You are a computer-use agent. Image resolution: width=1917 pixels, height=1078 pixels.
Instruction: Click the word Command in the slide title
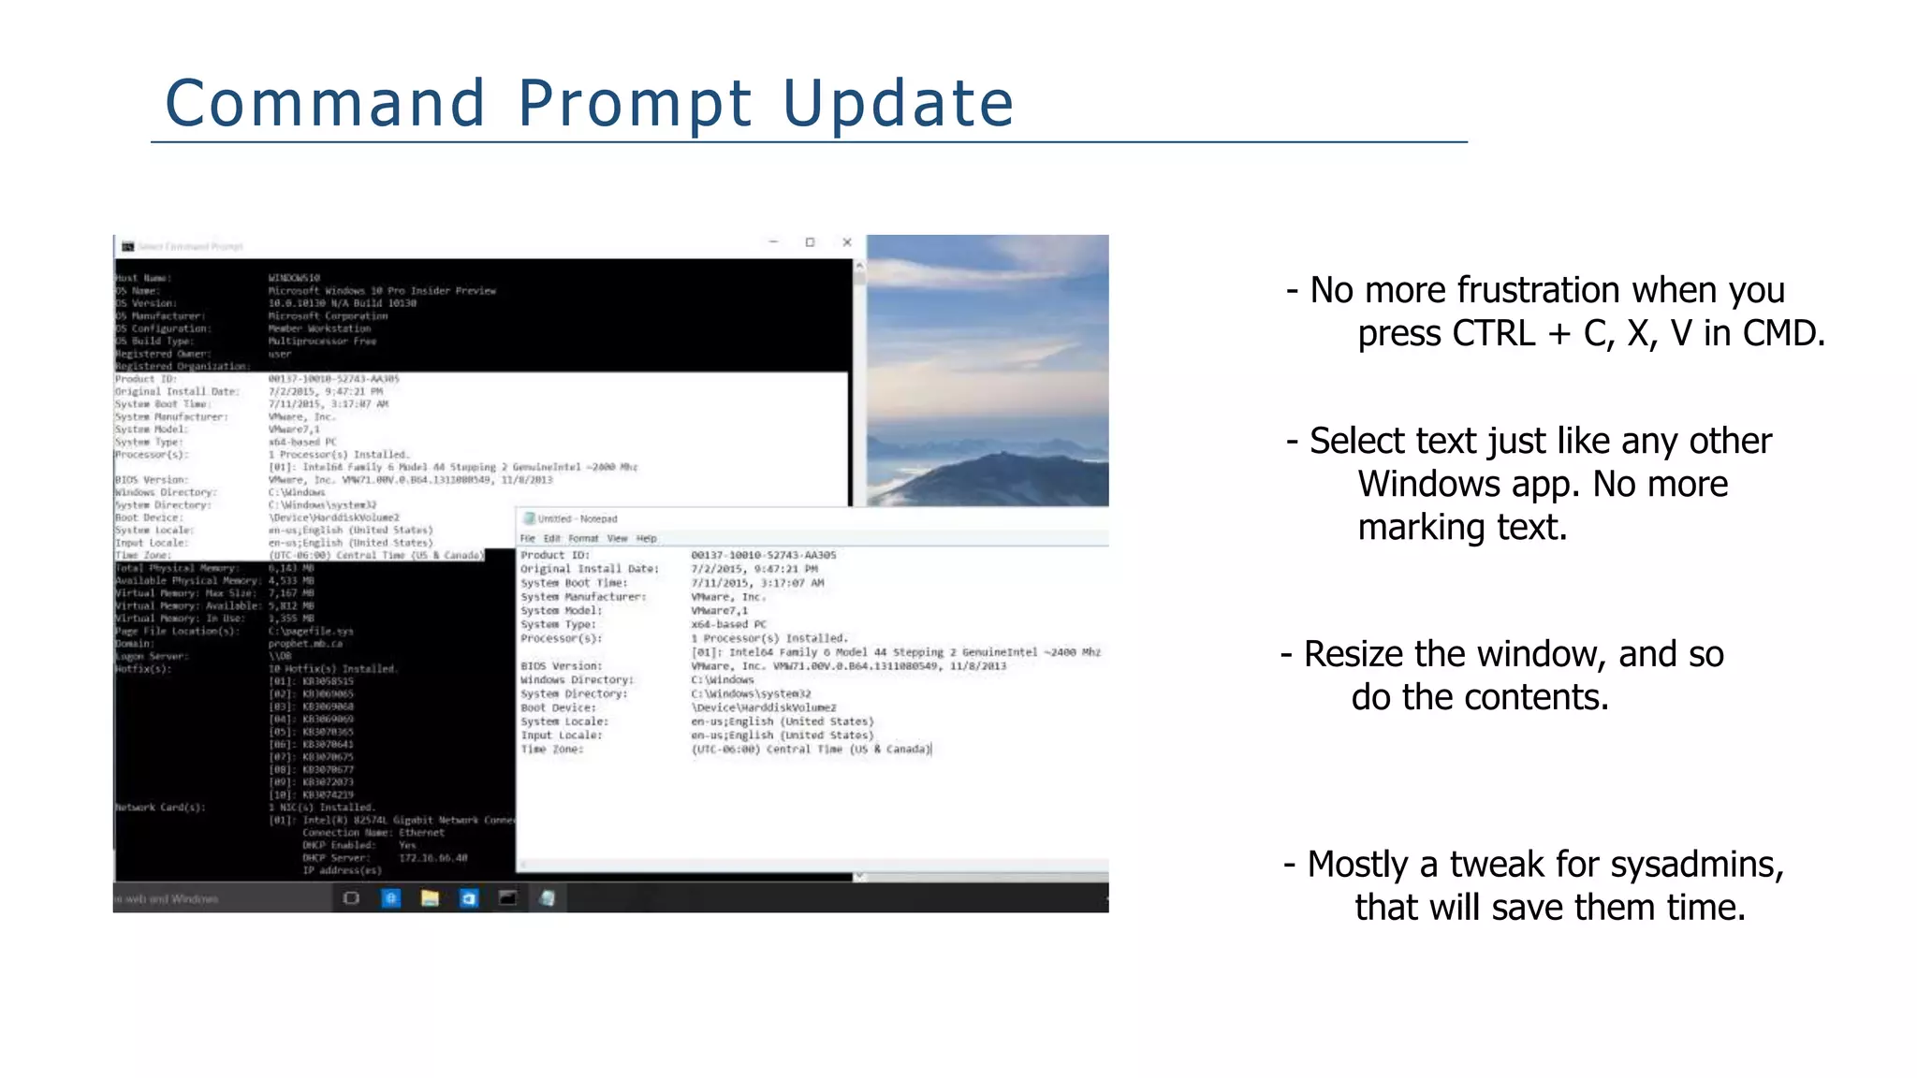point(325,103)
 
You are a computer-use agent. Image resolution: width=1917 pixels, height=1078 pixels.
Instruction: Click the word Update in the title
point(898,103)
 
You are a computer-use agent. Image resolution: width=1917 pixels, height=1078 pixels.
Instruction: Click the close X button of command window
point(847,242)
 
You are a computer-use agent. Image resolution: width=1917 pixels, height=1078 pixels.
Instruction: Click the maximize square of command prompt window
point(810,242)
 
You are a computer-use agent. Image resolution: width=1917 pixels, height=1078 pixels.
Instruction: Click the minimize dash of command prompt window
point(773,242)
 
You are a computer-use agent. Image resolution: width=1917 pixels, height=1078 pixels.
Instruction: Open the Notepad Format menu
point(583,539)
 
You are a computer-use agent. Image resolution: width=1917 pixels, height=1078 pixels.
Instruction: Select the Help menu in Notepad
point(647,539)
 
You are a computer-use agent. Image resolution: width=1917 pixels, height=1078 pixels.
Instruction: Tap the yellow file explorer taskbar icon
point(430,898)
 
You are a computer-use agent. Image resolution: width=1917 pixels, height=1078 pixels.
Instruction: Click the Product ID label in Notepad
point(555,555)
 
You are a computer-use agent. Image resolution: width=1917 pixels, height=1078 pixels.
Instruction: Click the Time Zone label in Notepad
point(551,750)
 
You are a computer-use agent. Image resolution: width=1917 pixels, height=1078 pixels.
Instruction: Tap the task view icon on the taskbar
point(351,898)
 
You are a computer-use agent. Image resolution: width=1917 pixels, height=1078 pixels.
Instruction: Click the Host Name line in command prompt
point(143,278)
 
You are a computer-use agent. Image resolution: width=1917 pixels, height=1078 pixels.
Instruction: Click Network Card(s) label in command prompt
point(160,807)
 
